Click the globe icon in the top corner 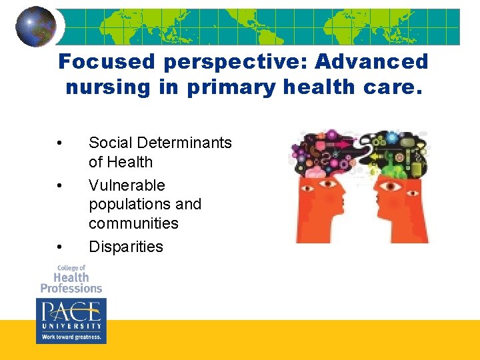36,26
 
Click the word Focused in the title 106,62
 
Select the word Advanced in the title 371,62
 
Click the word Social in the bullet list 110,143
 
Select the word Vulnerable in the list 127,185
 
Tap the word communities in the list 133,223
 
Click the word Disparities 126,247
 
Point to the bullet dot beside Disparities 60,247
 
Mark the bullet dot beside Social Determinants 60,143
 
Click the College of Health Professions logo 71,279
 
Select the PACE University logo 71,315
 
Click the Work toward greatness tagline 71,337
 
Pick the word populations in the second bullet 145,204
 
